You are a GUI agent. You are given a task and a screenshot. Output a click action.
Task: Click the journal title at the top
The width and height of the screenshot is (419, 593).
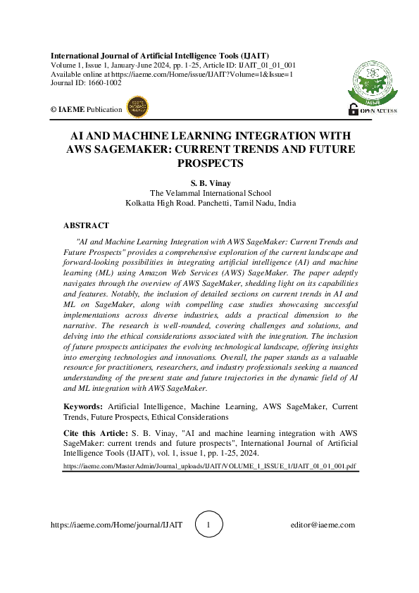[159, 56]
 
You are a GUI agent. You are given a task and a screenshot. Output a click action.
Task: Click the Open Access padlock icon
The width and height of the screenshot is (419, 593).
[354, 109]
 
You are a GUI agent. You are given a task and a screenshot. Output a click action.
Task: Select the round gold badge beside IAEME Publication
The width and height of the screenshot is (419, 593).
[137, 108]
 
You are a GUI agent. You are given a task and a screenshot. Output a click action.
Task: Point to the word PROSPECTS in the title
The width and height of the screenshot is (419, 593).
[211, 163]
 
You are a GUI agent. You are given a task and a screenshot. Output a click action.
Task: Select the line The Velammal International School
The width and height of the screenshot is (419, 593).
[211, 193]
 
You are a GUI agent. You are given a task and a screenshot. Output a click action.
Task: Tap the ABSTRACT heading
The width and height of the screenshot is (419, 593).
[86, 225]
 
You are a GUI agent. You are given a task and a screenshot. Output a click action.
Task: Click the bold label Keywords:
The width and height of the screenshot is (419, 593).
[84, 406]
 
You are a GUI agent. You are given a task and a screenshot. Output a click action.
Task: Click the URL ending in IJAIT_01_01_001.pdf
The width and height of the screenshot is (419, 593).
[210, 466]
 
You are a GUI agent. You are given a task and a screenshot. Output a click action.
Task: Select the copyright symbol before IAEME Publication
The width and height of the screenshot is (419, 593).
[54, 109]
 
